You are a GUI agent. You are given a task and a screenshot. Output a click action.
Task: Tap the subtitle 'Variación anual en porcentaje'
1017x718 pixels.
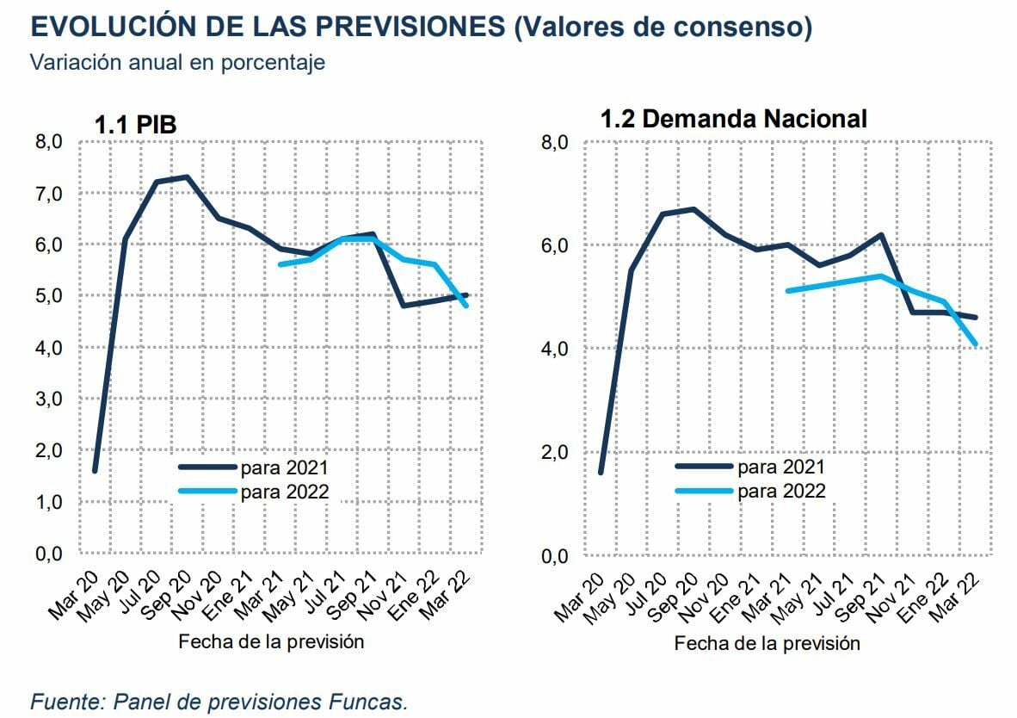click(177, 63)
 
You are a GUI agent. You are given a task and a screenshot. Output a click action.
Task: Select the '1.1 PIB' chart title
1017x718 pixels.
click(135, 125)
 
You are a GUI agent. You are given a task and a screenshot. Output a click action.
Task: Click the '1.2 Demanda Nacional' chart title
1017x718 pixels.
click(733, 119)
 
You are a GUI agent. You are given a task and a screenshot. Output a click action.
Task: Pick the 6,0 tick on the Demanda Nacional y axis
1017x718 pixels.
click(555, 245)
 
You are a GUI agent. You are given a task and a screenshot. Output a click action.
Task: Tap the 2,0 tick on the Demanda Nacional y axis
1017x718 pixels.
click(555, 452)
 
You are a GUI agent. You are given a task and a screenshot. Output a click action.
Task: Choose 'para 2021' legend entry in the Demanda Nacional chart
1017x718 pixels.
click(780, 467)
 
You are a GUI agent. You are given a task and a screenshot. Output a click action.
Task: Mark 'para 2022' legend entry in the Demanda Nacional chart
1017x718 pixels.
click(780, 491)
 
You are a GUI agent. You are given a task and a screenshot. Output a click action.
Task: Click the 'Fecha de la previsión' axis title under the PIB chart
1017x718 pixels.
click(271, 641)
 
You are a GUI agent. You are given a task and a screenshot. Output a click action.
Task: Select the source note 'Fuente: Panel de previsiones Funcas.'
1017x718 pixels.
click(219, 701)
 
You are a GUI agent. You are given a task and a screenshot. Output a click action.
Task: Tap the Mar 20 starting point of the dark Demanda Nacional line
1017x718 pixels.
click(601, 472)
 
